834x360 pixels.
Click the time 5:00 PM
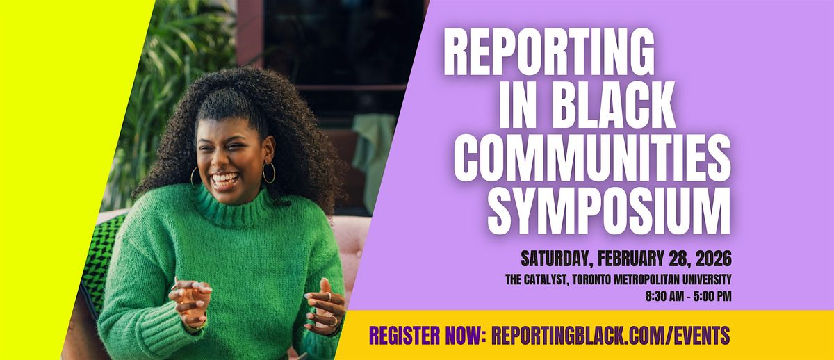710,296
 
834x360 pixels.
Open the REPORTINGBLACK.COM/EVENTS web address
610,336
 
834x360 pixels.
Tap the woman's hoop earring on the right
268,172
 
